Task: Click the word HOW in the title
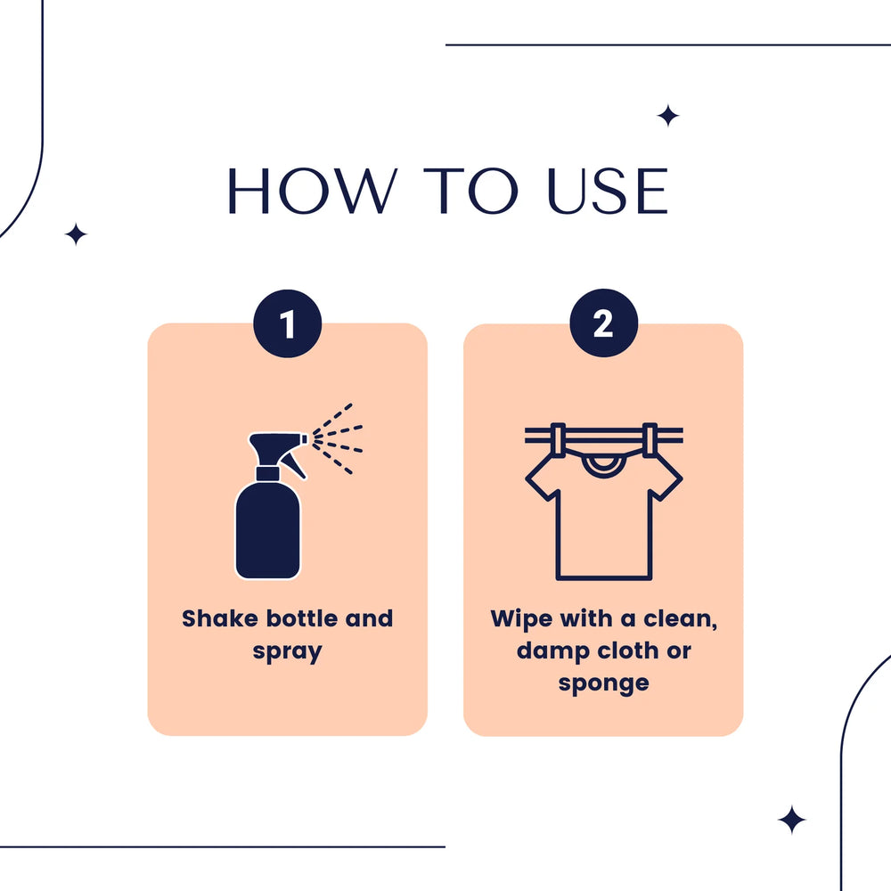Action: (312, 191)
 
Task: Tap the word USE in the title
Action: (608, 191)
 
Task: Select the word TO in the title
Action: (470, 191)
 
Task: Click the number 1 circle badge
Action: (288, 323)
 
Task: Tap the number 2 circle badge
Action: (603, 323)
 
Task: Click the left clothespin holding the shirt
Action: (558, 440)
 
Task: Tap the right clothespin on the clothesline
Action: (650, 440)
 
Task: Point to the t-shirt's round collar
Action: (603, 466)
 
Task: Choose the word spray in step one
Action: (288, 652)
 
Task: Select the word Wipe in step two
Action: (520, 619)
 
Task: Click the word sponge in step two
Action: (603, 684)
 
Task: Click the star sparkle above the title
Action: (668, 116)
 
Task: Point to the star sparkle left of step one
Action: (76, 234)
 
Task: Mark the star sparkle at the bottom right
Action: (791, 820)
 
